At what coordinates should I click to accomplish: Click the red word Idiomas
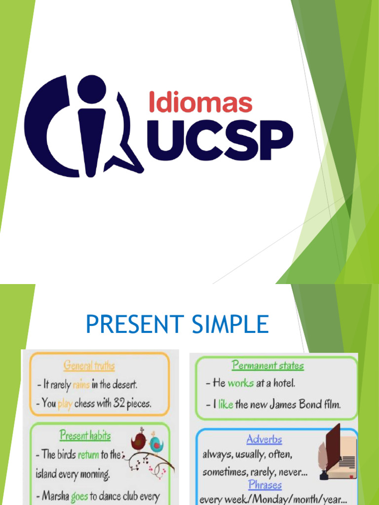pyautogui.click(x=200, y=103)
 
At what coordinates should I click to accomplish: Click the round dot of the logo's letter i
pyautogui.click(x=92, y=90)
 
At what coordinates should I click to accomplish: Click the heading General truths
pyautogui.click(x=89, y=365)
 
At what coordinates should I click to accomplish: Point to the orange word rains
pyautogui.click(x=81, y=385)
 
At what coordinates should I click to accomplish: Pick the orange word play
pyautogui.click(x=65, y=403)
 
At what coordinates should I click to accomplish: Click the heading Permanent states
pyautogui.click(x=268, y=365)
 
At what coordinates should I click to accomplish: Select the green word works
pyautogui.click(x=240, y=383)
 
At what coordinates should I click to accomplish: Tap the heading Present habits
pyautogui.click(x=85, y=435)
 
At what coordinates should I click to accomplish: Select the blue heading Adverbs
pyautogui.click(x=264, y=439)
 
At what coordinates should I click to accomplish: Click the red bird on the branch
pyautogui.click(x=139, y=442)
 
